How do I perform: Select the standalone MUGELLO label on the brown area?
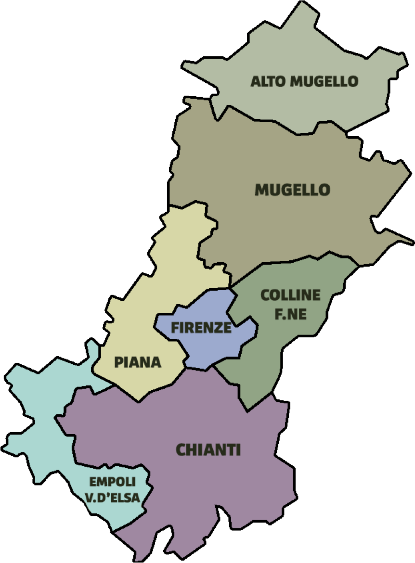(292, 190)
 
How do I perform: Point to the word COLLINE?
(290, 295)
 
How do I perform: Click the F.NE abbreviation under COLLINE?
(290, 314)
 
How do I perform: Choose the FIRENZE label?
(201, 328)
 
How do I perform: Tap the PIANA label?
(137, 362)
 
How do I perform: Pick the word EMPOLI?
(112, 481)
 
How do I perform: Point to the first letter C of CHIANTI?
(181, 450)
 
